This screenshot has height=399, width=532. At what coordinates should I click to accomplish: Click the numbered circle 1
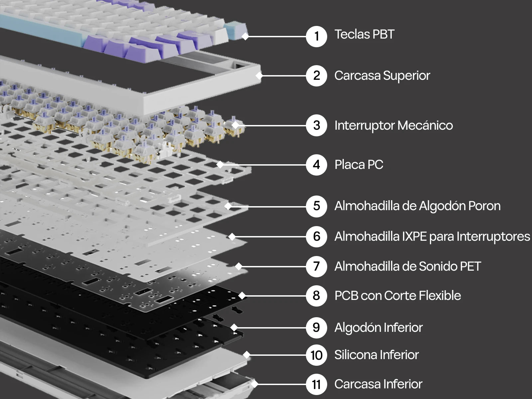pos(316,36)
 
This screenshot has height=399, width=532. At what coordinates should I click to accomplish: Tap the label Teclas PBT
pos(364,34)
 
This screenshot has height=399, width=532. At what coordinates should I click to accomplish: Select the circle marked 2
pos(316,75)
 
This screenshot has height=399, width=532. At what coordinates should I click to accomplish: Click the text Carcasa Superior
pos(382,76)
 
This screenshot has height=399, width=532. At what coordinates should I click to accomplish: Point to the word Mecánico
pos(425,125)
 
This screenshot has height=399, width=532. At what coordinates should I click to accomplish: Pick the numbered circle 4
pos(316,165)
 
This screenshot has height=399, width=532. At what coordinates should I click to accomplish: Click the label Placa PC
pos(359,165)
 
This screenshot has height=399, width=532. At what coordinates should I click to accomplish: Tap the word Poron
pos(484,206)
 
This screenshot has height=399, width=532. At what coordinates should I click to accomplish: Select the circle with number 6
pos(316,236)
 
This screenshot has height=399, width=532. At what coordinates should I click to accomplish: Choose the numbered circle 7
pos(316,266)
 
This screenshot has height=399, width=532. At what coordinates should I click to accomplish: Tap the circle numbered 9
pos(316,328)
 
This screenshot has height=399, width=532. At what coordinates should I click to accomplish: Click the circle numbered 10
pos(316,355)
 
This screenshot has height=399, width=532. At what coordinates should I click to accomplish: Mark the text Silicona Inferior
pos(376,355)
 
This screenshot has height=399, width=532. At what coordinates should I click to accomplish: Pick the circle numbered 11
pos(316,384)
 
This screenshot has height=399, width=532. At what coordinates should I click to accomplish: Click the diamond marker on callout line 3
pos(235,125)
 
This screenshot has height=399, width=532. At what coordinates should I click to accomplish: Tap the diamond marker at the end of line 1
pos(245,36)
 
